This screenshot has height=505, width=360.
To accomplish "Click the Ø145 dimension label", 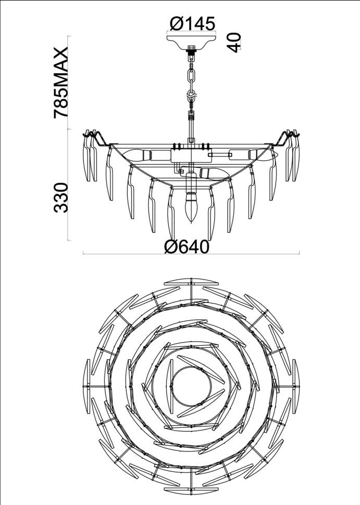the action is coord(192,23).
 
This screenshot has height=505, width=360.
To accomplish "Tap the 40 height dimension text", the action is coord(234,42).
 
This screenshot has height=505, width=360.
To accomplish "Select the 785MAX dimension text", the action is coord(61,83).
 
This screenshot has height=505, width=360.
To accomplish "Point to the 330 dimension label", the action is coord(61,197).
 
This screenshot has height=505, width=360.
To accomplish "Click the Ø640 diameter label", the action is coord(187,247).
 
